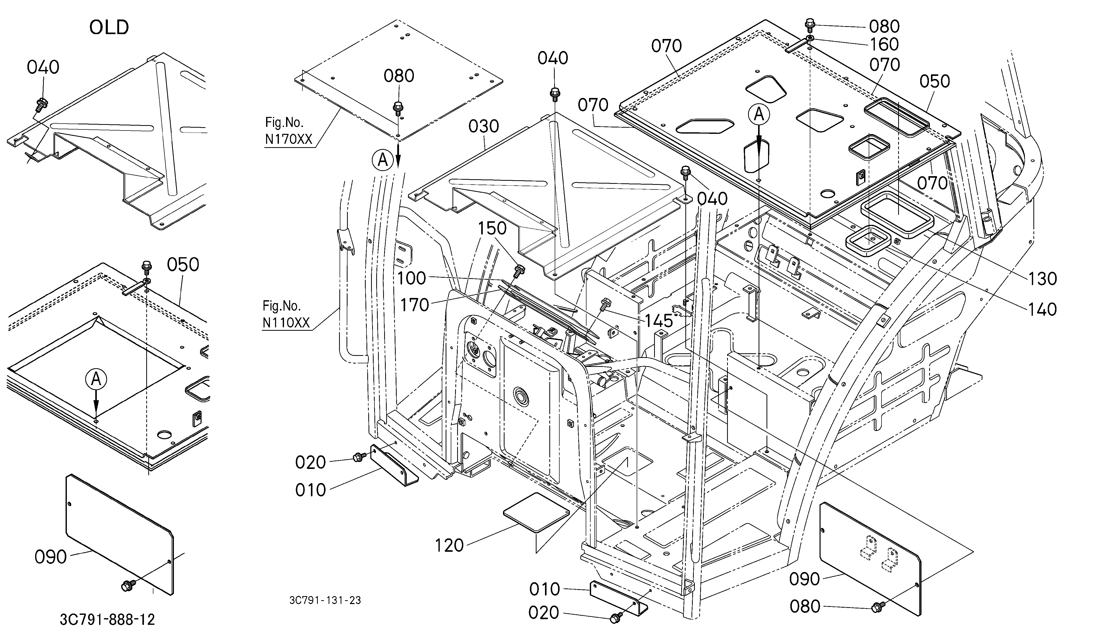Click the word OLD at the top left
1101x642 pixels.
click(x=109, y=27)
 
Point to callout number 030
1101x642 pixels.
click(x=483, y=126)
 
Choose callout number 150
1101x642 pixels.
click(x=492, y=228)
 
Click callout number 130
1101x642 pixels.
click(x=1042, y=279)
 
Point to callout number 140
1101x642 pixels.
click(x=1042, y=309)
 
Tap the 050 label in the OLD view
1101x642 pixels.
click(x=183, y=265)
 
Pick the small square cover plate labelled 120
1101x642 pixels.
click(x=537, y=512)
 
